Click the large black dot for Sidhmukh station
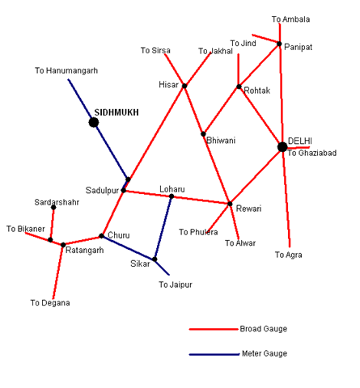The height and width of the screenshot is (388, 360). (94, 122)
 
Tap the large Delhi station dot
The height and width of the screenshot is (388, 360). (282, 147)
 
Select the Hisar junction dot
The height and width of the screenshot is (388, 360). (184, 86)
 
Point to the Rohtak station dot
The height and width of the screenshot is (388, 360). (239, 86)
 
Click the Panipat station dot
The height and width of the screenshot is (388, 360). (279, 44)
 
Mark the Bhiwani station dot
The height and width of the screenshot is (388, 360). (203, 134)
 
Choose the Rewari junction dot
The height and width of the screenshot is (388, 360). (230, 204)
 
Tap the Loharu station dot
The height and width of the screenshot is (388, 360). (172, 196)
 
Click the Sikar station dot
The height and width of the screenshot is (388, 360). (155, 259)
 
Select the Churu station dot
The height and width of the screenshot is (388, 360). (101, 236)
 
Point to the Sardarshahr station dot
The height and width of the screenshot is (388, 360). (53, 207)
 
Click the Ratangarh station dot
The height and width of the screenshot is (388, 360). (63, 245)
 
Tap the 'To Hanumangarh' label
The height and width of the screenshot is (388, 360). (66, 70)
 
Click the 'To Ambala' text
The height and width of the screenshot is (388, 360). (290, 19)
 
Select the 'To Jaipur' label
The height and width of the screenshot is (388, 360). (176, 285)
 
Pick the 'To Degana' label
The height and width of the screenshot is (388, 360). (50, 303)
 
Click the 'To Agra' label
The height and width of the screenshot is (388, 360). (289, 255)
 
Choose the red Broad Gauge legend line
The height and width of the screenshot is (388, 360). (214, 329)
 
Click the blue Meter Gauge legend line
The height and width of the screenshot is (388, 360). (214, 354)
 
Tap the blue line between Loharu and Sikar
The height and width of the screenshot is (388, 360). (163, 228)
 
